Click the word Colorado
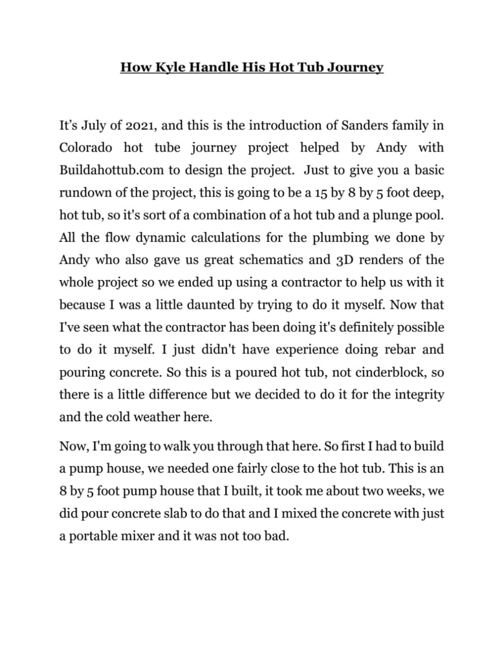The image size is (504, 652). point(86,148)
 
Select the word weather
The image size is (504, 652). point(156,417)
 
